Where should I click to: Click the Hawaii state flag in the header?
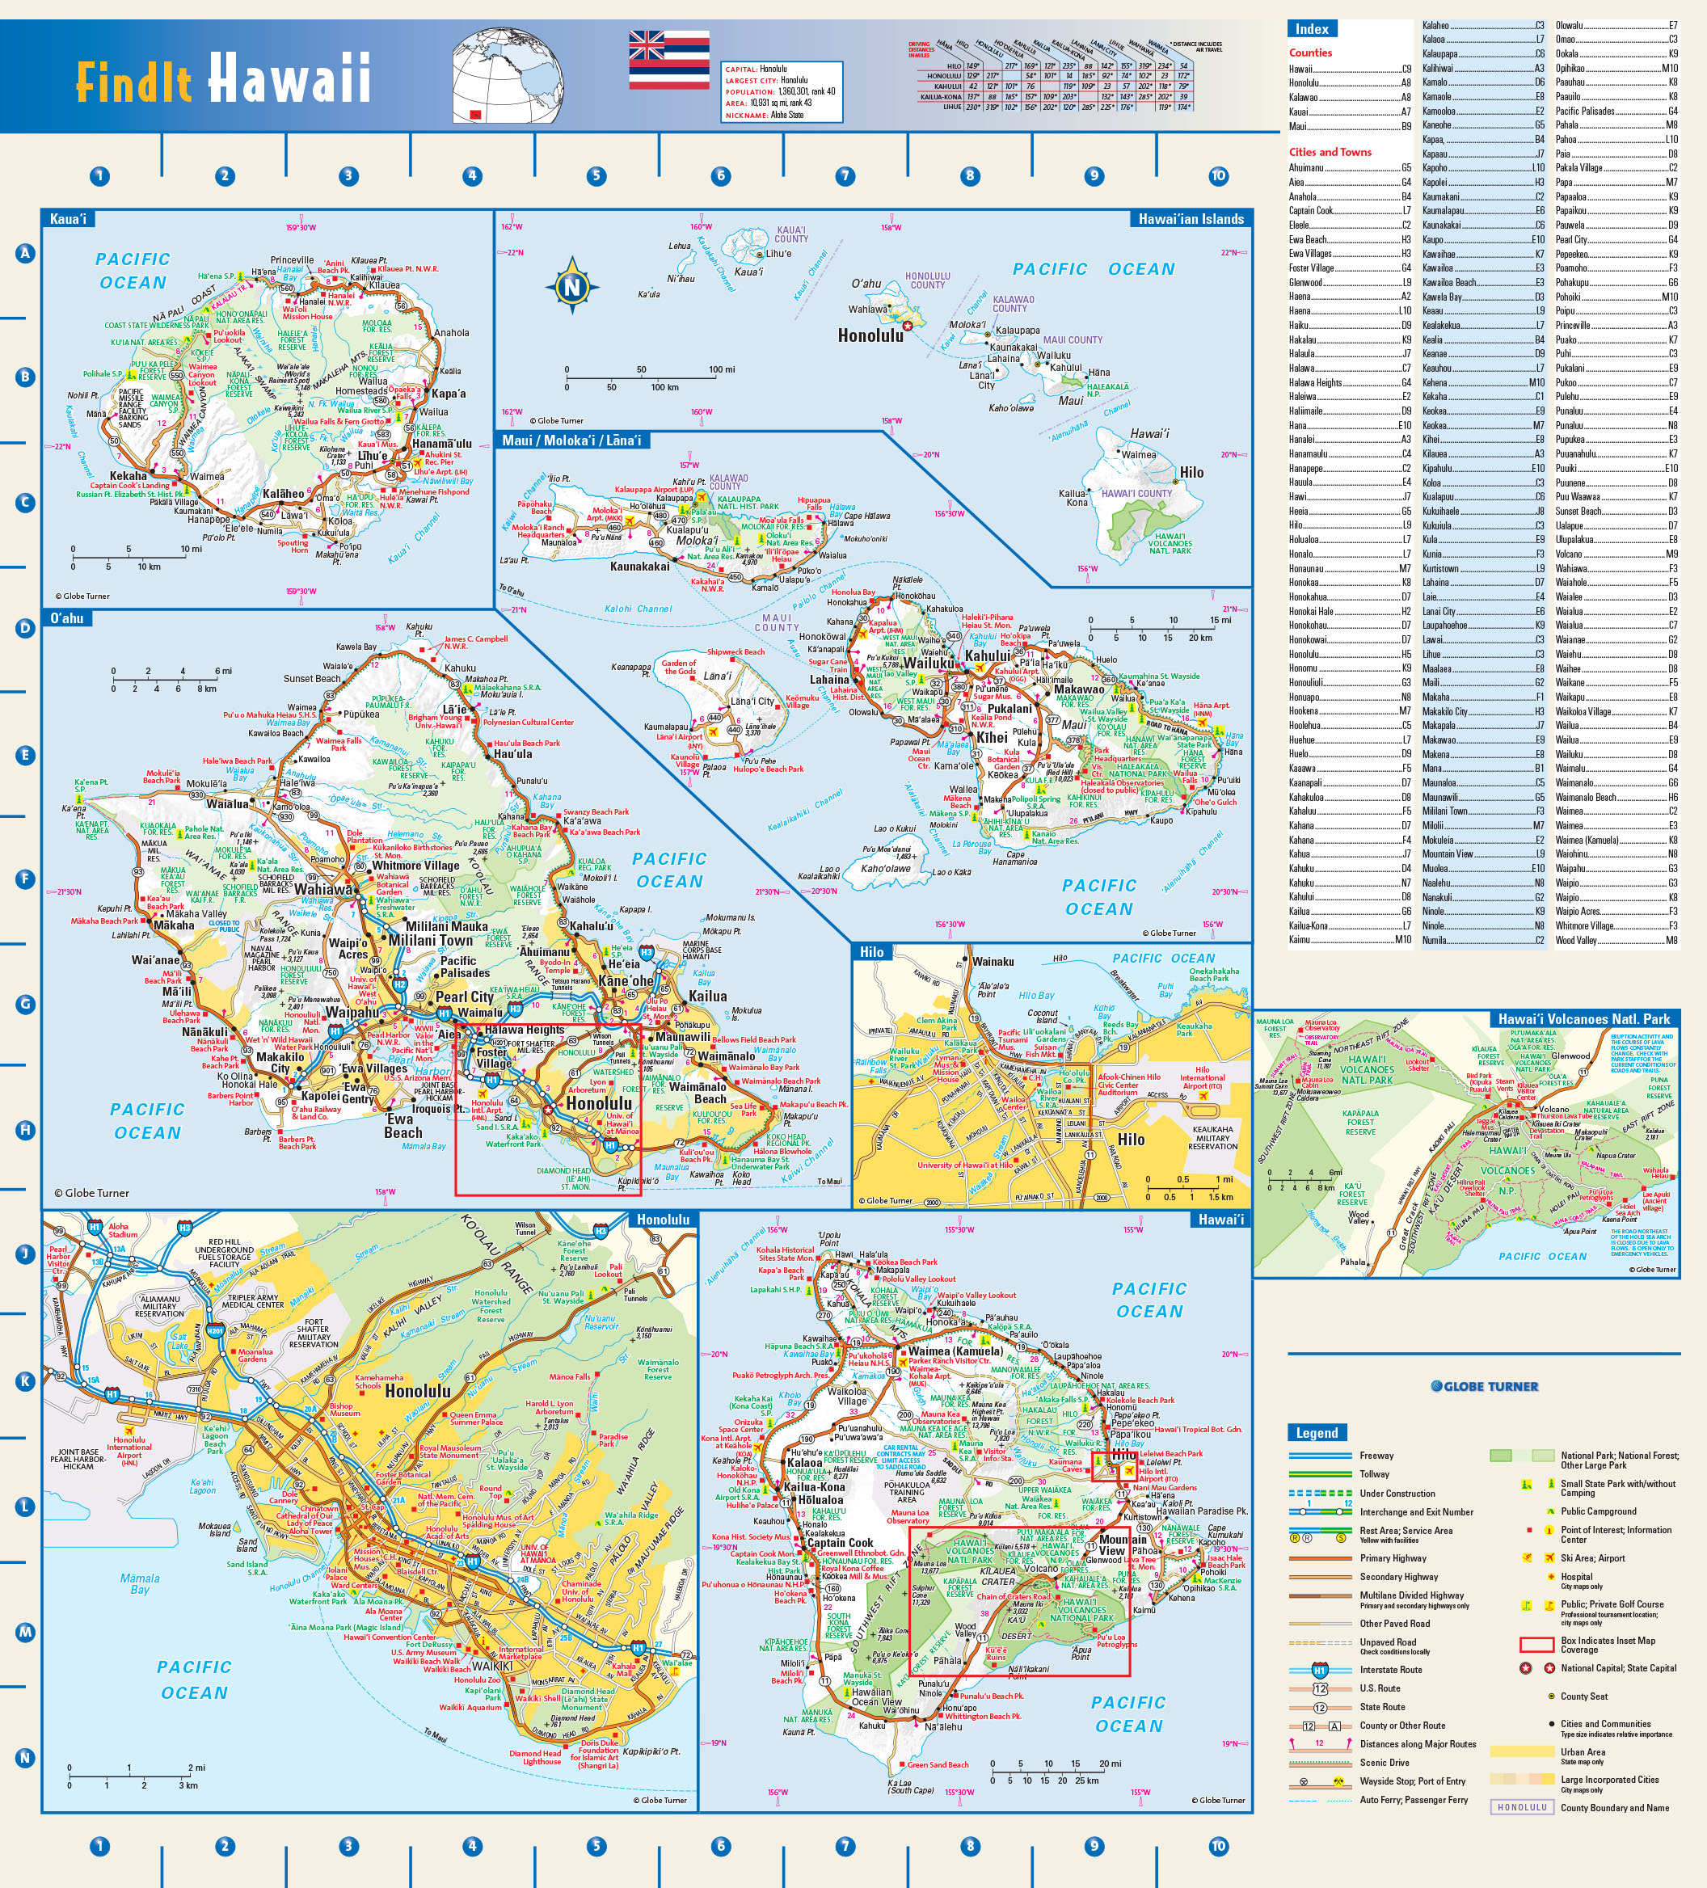click(668, 60)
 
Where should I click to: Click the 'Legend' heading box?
click(1317, 1433)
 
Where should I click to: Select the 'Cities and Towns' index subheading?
click(1330, 152)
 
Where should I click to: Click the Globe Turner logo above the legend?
click(1484, 1386)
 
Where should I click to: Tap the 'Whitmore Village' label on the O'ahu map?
click(415, 866)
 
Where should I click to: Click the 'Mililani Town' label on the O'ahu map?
click(431, 940)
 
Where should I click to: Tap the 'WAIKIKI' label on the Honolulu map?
click(491, 1666)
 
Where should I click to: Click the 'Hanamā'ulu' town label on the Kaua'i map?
click(441, 444)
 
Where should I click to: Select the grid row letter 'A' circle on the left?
click(25, 253)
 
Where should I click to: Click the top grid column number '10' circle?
click(1218, 175)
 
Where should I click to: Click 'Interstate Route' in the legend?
click(1390, 1670)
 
